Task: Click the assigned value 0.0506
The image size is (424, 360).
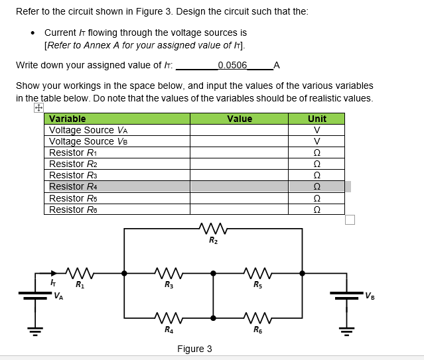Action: [232, 65]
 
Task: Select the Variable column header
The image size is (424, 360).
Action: [68, 119]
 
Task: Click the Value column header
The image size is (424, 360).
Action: [239, 119]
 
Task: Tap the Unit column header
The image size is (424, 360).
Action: [317, 119]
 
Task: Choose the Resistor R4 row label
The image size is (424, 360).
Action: [74, 186]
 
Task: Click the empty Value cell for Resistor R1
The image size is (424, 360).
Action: [239, 152]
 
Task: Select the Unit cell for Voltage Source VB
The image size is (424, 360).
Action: [317, 141]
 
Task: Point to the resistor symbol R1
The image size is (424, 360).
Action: [79, 272]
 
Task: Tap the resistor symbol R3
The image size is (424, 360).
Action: [169, 272]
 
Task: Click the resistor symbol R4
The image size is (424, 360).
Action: [169, 318]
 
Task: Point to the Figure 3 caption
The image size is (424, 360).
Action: [194, 349]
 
